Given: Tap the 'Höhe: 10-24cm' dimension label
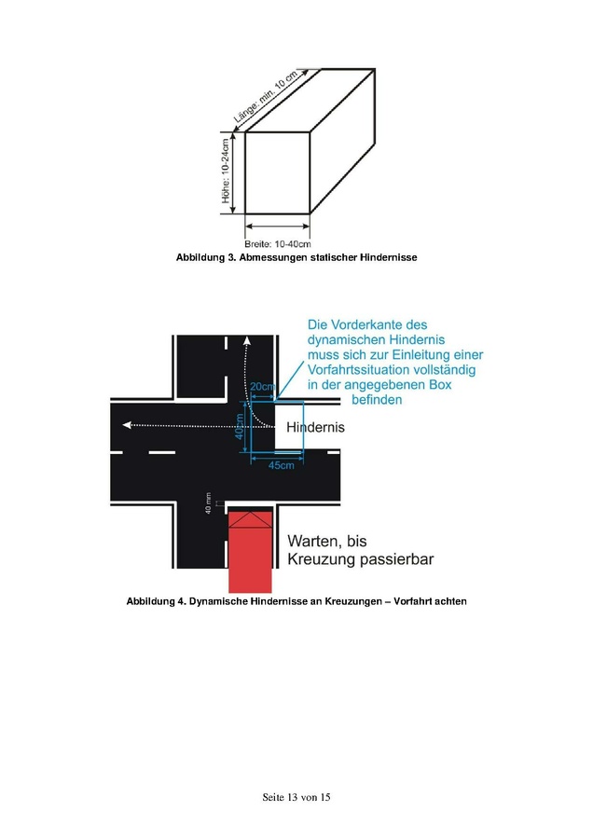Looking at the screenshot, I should pyautogui.click(x=226, y=173).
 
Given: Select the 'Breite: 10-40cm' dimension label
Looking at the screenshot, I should pyautogui.click(x=277, y=243).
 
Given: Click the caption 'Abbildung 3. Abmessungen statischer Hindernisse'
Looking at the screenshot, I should pyautogui.click(x=296, y=257).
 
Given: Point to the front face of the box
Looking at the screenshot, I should pyautogui.click(x=277, y=172).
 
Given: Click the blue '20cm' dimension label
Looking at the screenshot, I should pyautogui.click(x=262, y=387).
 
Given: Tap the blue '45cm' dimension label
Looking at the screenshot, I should pyautogui.click(x=281, y=464).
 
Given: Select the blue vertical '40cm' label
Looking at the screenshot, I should pyautogui.click(x=239, y=426).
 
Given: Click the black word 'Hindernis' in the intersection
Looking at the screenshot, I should pyautogui.click(x=315, y=427).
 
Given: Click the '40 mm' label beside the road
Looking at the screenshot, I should pyautogui.click(x=209, y=503).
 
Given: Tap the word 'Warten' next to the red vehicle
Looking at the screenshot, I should pyautogui.click(x=318, y=541).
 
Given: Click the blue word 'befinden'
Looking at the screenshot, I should pyautogui.click(x=377, y=400).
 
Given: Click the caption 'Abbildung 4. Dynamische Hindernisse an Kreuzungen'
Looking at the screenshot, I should pyautogui.click(x=296, y=601).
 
